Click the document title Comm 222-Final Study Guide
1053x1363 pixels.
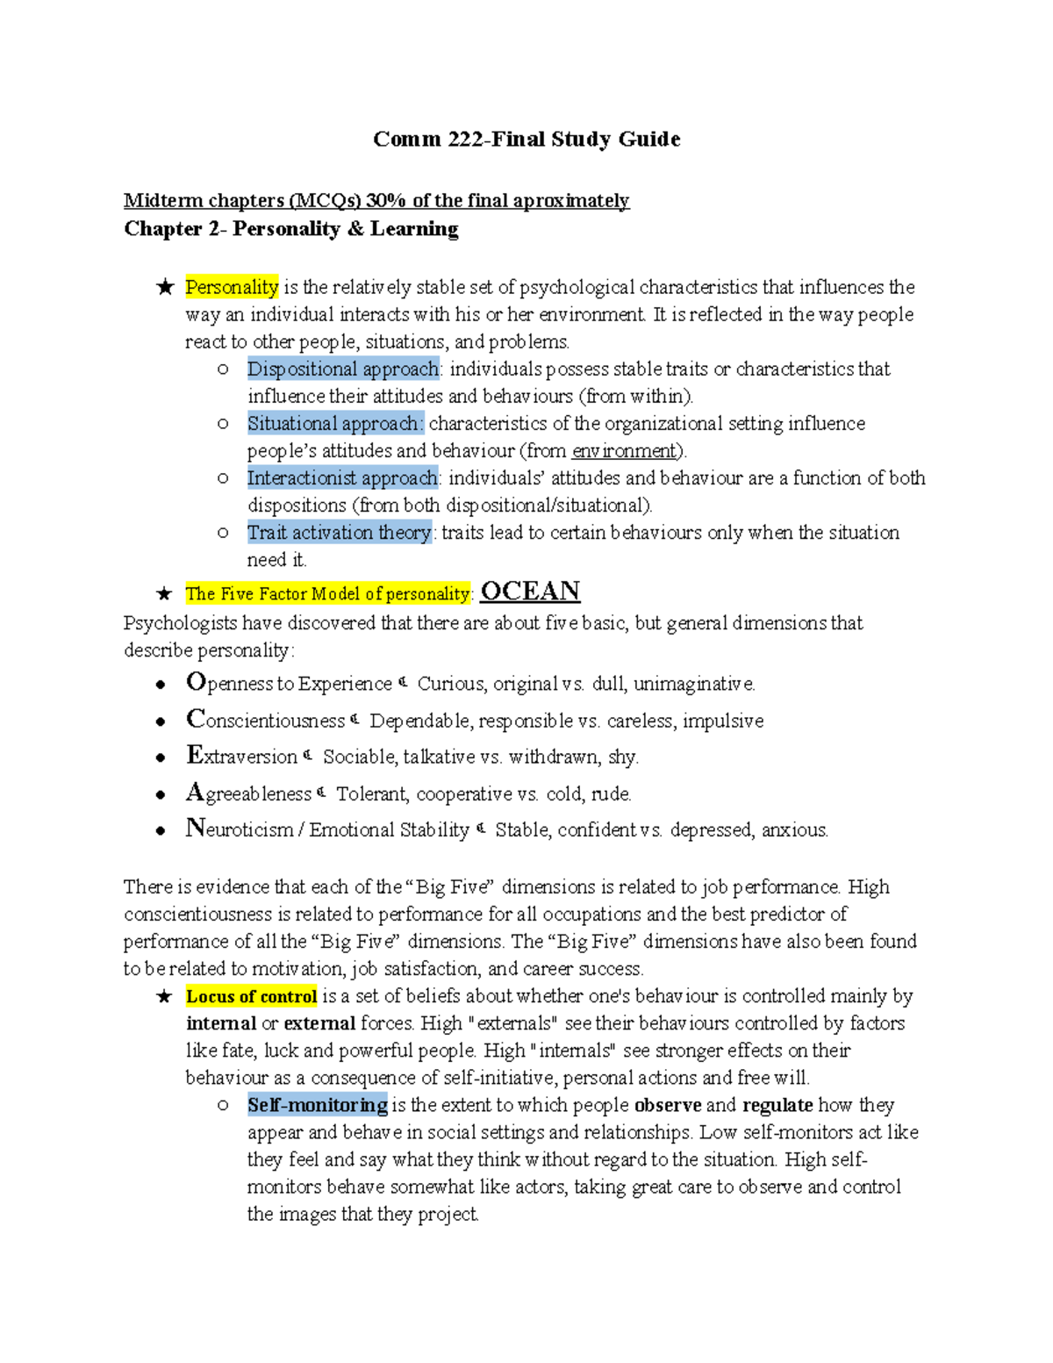tap(526, 140)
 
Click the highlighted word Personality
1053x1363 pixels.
tap(232, 287)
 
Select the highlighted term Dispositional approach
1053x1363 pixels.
tap(342, 369)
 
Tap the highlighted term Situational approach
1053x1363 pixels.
tap(334, 423)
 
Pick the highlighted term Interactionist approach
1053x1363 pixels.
tap(342, 477)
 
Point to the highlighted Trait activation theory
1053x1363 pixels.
tap(339, 532)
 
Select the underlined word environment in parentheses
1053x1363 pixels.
tap(625, 451)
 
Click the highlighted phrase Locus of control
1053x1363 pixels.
tap(251, 996)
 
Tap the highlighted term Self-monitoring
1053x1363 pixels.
tap(317, 1105)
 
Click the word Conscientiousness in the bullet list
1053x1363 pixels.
tap(266, 720)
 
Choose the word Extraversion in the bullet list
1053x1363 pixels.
tap(242, 756)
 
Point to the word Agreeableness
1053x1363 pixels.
tap(249, 793)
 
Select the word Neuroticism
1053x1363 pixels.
tap(240, 829)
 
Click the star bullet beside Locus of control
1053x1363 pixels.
tap(164, 997)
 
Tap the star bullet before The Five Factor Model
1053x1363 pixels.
tap(164, 594)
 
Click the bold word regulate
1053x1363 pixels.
tap(777, 1105)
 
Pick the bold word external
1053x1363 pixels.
tap(319, 1023)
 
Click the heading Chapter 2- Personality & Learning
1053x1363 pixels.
tap(291, 229)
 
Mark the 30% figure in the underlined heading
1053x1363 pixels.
tap(386, 201)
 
